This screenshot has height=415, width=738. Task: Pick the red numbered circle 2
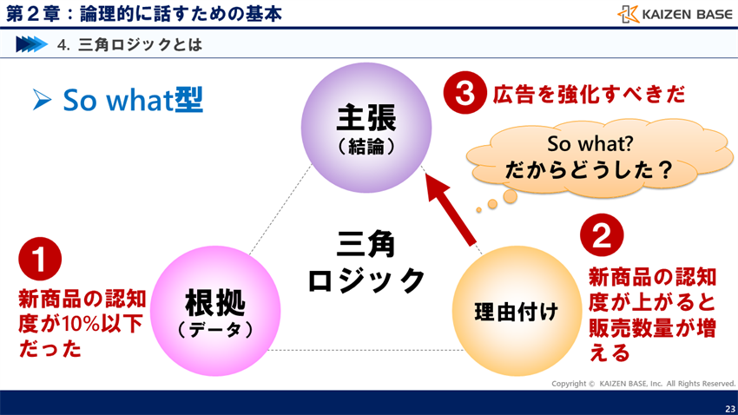pos(602,234)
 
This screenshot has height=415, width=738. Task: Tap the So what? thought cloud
pos(590,155)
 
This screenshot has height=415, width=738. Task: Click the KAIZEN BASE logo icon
pos(629,14)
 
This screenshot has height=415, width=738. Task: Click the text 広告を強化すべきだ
pos(589,94)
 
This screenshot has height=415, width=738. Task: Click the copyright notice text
pos(643,384)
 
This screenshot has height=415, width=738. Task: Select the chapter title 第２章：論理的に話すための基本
pos(143,13)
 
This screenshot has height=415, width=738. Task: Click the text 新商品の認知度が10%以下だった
pos(82,325)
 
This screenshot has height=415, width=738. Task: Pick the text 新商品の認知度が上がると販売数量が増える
pos(652,315)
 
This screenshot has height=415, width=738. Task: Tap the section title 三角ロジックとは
pos(140,44)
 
